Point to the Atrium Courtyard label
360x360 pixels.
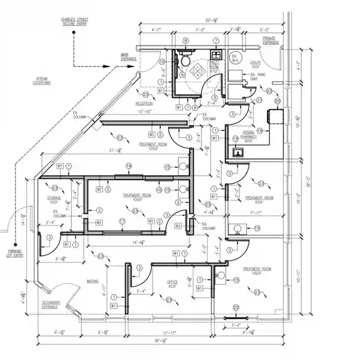42,80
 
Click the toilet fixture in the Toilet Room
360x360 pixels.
186,62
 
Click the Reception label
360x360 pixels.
144,103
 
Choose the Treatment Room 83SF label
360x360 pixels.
259,200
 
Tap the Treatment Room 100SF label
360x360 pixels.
259,272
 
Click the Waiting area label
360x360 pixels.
92,281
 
